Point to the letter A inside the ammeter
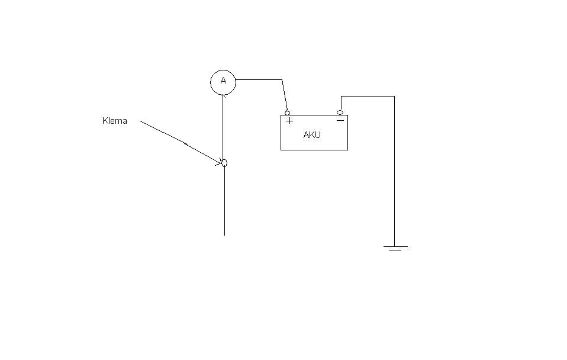coord(223,81)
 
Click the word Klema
coord(115,120)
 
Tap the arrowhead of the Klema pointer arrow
coord(219,162)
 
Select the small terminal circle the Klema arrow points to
coord(224,163)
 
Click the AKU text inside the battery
coord(312,135)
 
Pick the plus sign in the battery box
coord(289,121)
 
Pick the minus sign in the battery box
coord(340,120)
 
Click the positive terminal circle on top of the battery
coord(288,113)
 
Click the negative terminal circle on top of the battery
coord(340,113)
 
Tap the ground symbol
coord(395,248)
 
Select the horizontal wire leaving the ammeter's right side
coord(259,79)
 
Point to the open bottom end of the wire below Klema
coord(224,235)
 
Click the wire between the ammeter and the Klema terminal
coord(223,127)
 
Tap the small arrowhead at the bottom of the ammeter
coord(224,95)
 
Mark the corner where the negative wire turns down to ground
coord(394,97)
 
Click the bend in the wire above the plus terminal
coord(282,79)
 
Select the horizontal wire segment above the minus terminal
coord(368,97)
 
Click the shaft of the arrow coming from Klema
coord(180,142)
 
